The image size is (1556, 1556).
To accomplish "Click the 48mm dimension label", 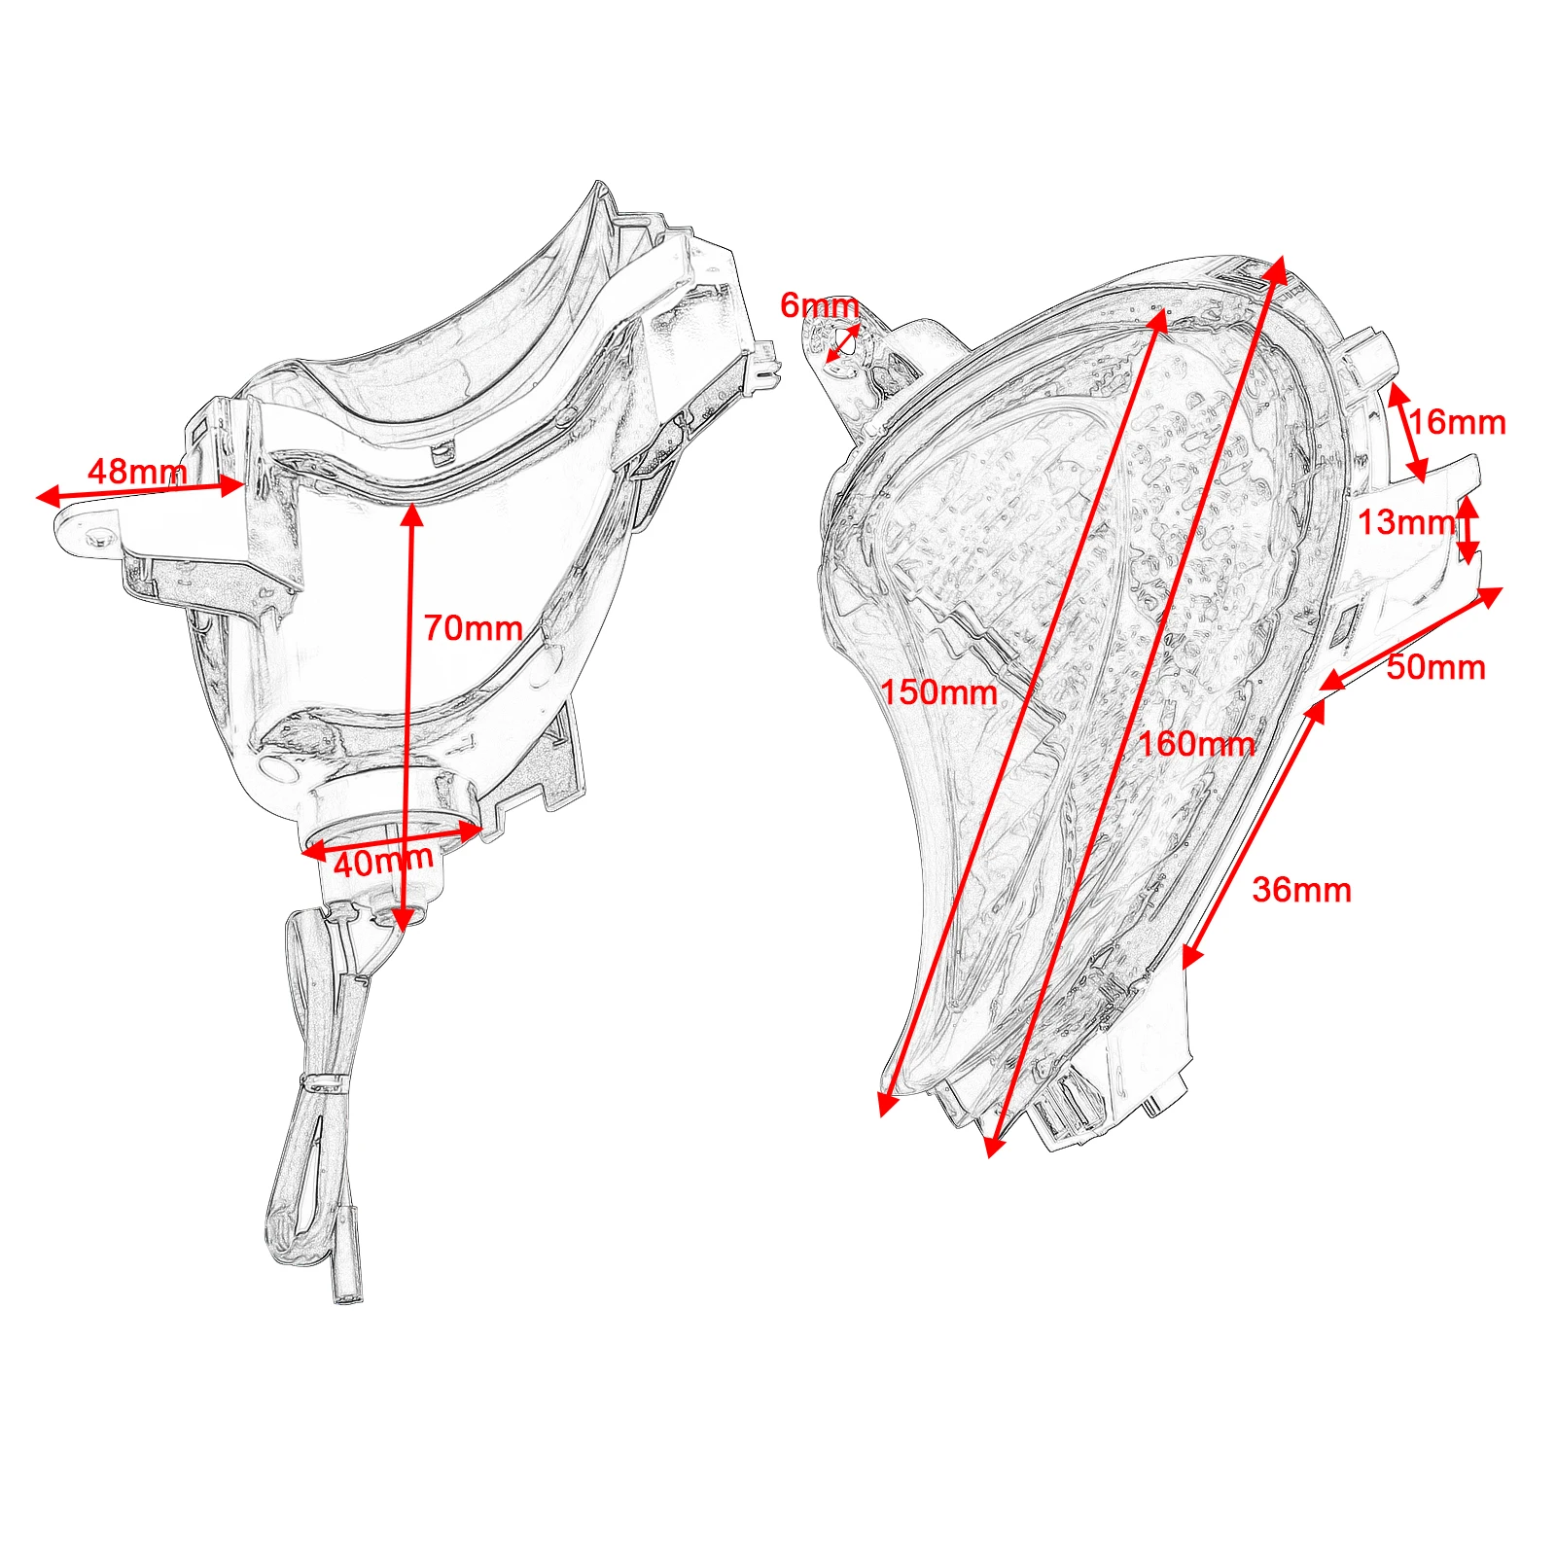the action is click(x=136, y=472).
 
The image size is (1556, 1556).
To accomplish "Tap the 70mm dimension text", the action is click(x=473, y=628).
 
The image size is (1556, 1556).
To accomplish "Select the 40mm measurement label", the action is click(x=383, y=861).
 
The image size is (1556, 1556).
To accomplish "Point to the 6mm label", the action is click(x=819, y=305).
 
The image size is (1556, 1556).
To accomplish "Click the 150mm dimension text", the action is click(x=938, y=692).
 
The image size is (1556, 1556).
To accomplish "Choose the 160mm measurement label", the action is click(x=1196, y=744).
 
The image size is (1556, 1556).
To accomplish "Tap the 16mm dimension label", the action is click(x=1457, y=422).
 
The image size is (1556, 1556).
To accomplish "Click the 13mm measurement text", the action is click(x=1405, y=522).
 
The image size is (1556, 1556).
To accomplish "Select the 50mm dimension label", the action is click(x=1435, y=667).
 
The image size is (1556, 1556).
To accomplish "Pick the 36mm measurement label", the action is click(x=1301, y=890).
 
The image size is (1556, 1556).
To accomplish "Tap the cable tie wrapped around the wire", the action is click(x=326, y=1081).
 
